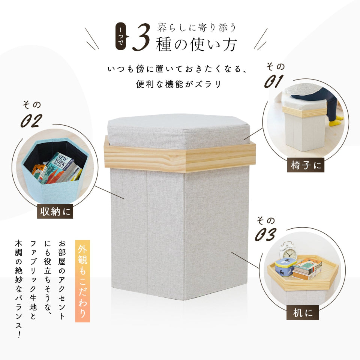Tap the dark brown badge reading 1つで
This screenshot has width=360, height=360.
tap(121, 36)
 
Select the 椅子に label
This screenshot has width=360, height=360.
tap(306, 165)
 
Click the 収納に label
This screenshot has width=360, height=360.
tap(55, 211)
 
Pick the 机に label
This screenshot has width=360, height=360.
tap(302, 312)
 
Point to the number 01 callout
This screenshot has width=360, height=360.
tap(273, 81)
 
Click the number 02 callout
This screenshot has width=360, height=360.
tap(31, 120)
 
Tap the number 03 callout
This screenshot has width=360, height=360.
tap(265, 235)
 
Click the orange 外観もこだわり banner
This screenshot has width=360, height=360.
tap(82, 281)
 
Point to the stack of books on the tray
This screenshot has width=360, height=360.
tap(307, 269)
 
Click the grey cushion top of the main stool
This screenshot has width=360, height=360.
tap(178, 131)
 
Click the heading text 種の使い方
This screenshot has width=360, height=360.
tap(196, 44)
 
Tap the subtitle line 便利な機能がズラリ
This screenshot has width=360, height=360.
tap(178, 84)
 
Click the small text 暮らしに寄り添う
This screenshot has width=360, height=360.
tap(197, 27)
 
